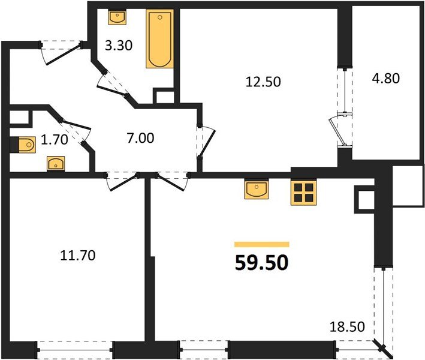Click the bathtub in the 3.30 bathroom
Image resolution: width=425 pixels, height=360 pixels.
coord(160,39)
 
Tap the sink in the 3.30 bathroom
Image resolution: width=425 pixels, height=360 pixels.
coord(117,17)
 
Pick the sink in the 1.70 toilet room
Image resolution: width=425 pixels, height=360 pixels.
coord(56,164)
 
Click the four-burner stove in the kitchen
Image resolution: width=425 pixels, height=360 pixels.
coord(303,193)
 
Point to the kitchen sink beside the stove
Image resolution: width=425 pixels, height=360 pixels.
coord(257,189)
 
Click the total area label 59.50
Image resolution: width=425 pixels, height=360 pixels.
coord(261,263)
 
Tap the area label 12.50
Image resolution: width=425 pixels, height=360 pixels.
coord(263,82)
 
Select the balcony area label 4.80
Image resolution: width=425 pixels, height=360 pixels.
coord(385,79)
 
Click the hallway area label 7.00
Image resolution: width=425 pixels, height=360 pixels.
coord(140,138)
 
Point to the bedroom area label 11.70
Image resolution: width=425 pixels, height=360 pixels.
coord(78,256)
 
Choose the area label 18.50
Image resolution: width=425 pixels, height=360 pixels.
coord(347,327)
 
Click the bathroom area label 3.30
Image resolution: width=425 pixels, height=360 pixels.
coord(119,46)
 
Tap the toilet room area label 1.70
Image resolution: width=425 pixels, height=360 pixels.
coord(54,139)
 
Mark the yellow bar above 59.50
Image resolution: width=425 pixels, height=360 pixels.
coord(262,244)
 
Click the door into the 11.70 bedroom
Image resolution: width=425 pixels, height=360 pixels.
coord(122,182)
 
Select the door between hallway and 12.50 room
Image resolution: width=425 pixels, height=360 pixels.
coord(206,142)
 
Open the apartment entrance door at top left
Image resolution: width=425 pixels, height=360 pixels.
coord(61,53)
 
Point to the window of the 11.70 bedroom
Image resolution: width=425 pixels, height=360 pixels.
coord(74,350)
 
